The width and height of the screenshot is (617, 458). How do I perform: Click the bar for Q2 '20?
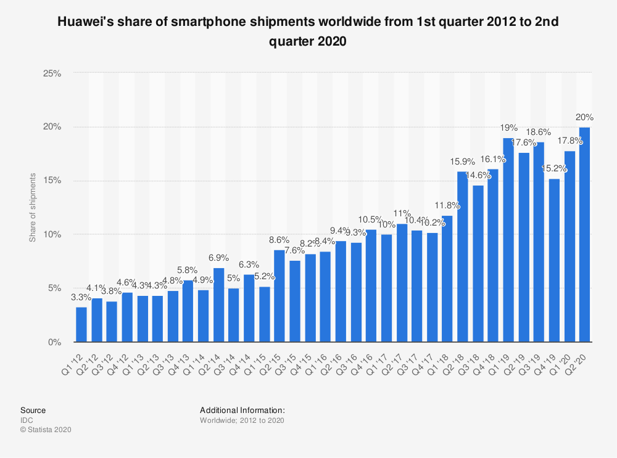584,234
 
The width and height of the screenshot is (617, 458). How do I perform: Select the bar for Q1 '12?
81,324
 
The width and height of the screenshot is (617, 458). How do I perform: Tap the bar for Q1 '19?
508,240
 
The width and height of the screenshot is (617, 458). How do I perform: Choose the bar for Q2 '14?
218,305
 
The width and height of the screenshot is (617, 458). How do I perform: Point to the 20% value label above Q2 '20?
584,117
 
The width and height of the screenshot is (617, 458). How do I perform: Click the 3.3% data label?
81,297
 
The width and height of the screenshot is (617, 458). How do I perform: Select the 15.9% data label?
462,162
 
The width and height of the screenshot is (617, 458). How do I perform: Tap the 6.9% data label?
218,258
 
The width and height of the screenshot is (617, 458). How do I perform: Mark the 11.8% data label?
447,205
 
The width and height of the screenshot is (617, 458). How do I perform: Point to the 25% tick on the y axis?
52,73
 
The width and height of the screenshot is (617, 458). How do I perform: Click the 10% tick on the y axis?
52,235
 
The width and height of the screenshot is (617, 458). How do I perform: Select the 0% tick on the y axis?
54,342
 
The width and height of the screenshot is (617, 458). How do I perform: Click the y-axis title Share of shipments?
33,208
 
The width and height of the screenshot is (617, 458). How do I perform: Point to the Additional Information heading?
242,410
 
